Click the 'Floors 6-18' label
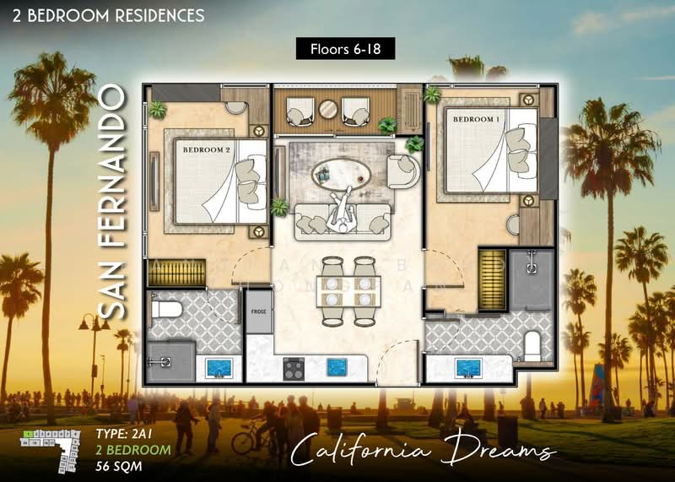345,49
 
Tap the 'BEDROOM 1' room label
478,120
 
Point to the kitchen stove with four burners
293,367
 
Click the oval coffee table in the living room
340,175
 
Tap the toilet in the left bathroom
166,310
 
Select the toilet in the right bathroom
532,344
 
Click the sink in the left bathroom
219,367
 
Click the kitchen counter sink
339,367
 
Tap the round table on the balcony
327,110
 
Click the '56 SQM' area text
118,463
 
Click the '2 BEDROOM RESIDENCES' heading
103,15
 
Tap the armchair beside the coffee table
402,171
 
